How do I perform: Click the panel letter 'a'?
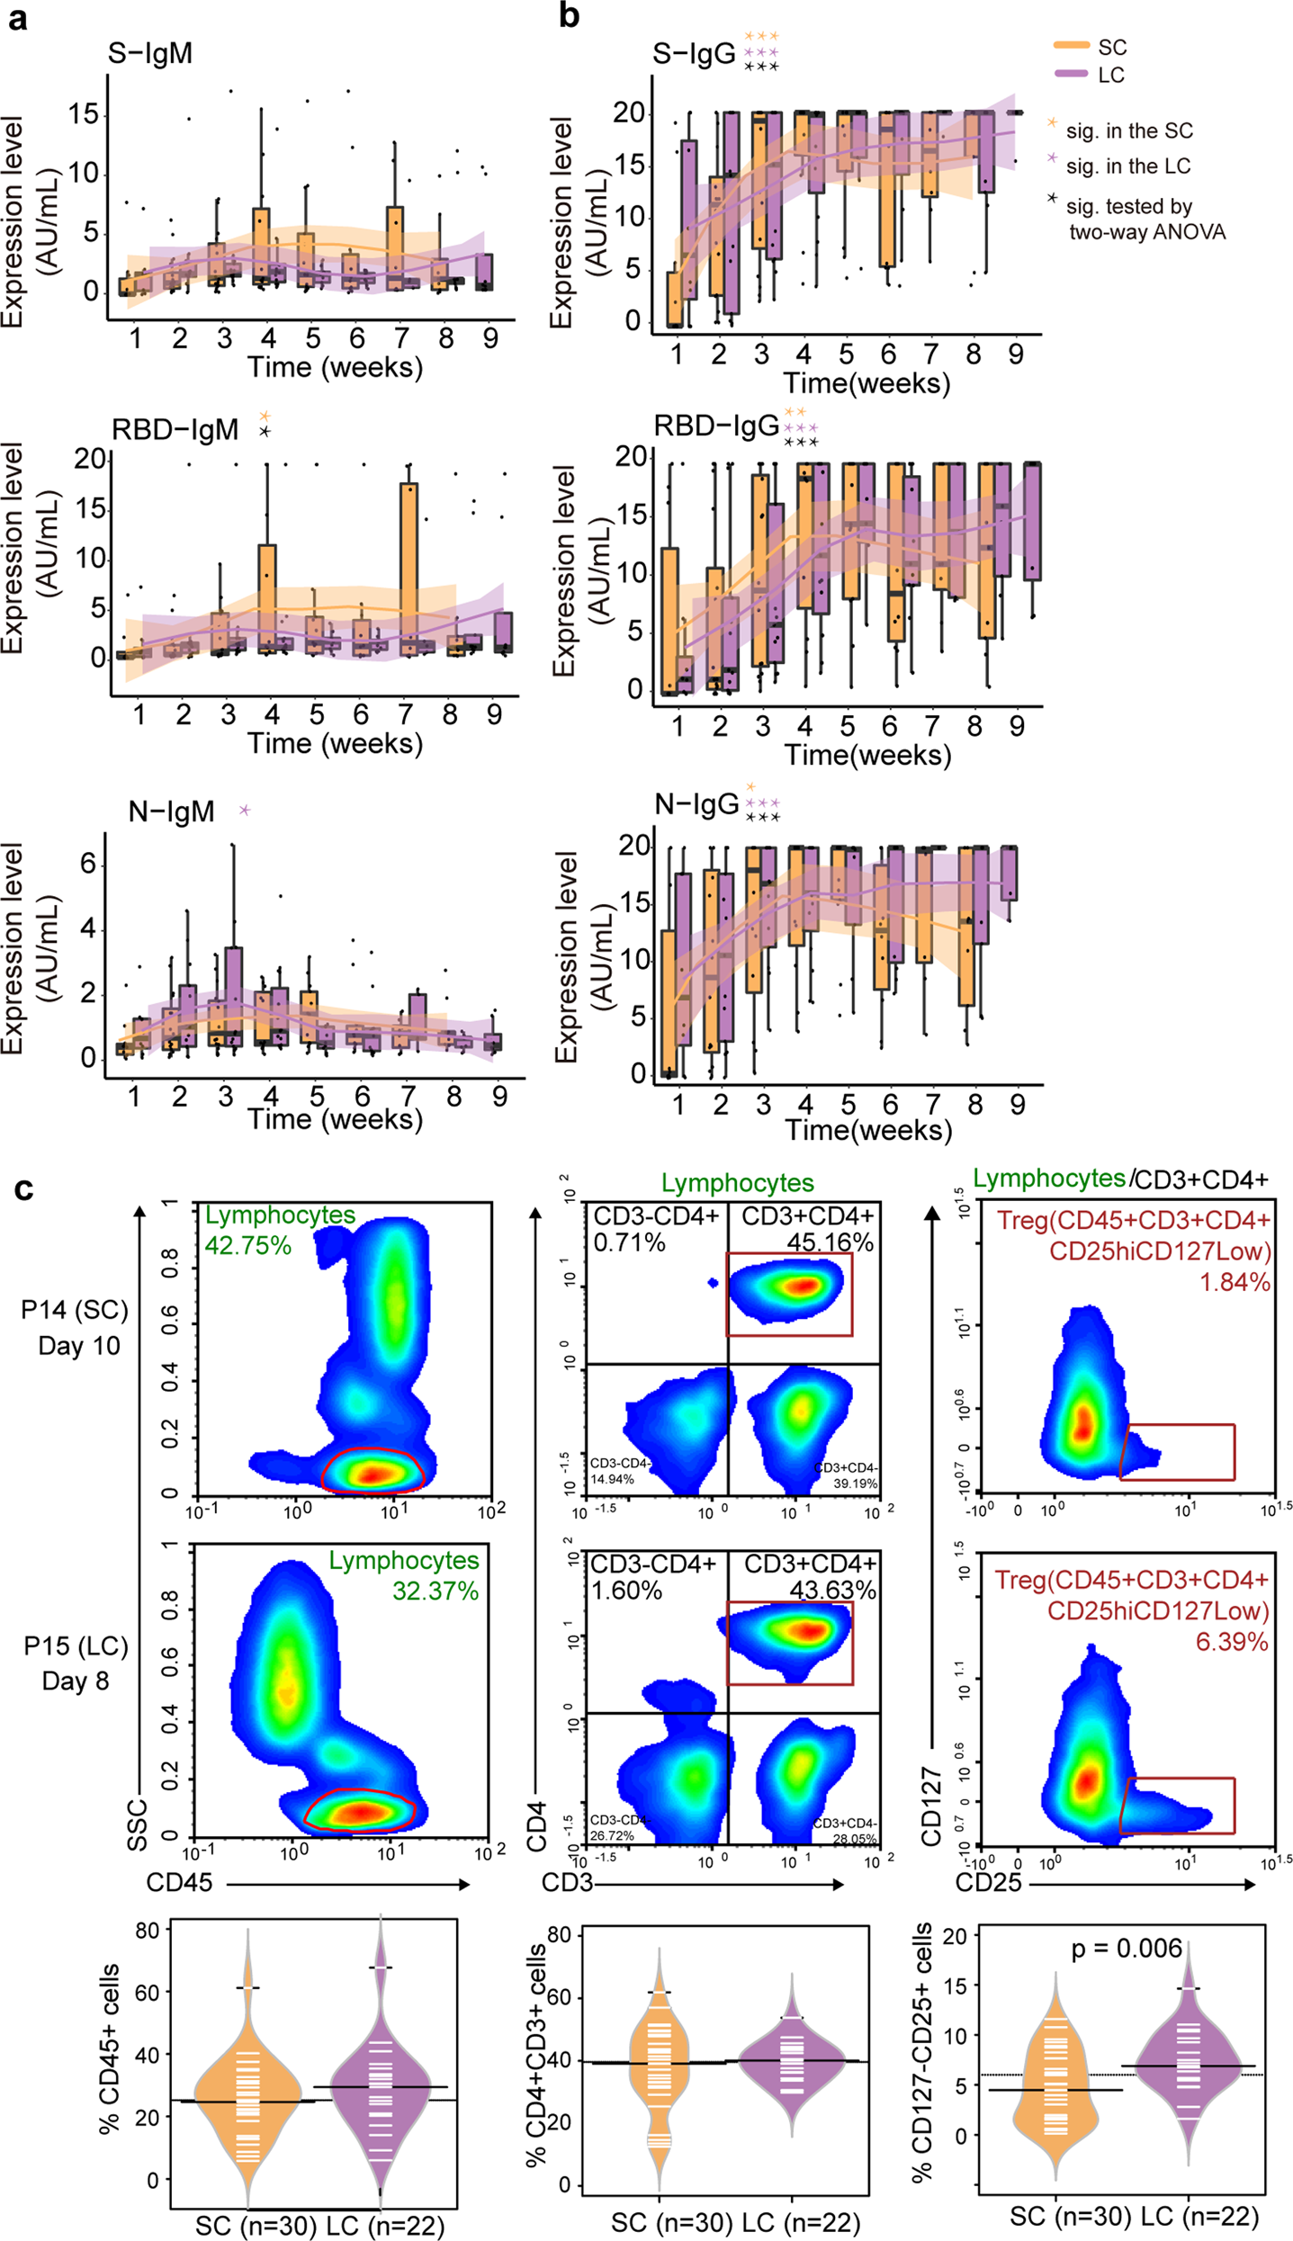17,18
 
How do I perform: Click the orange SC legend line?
1071,46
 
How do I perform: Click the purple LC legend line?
1071,74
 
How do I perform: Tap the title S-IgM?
149,54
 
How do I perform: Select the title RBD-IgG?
715,426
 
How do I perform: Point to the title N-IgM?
171,811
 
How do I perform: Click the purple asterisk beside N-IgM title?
244,811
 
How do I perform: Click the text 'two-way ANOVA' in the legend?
1146,232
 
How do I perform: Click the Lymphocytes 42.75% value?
247,1245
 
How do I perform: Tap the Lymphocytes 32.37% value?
435,1591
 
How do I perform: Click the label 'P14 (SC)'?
75,1310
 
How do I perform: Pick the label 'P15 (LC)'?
76,1645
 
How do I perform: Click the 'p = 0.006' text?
1126,1949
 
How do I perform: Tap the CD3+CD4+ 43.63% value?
832,1590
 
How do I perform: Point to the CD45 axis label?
179,1882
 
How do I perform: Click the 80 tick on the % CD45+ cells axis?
148,1931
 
